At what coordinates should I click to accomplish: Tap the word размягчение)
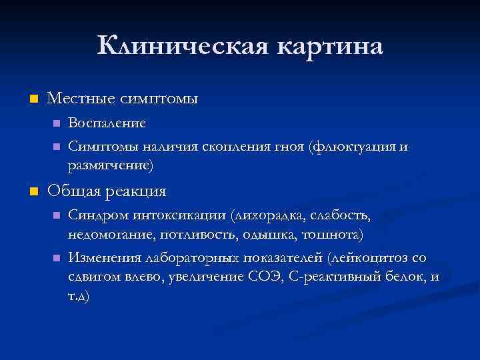click(x=110, y=163)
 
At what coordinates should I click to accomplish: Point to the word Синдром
click(x=95, y=216)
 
